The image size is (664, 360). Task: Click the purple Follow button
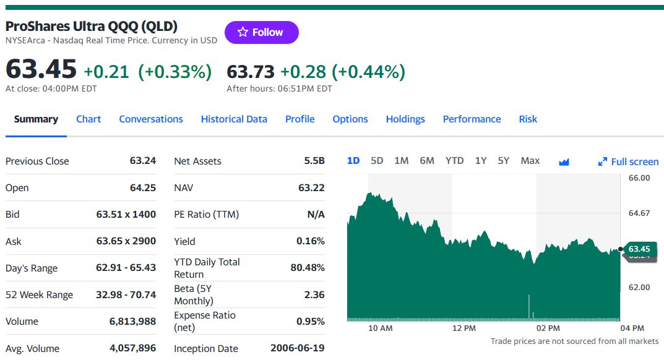click(x=261, y=32)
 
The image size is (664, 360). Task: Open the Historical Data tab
click(x=234, y=119)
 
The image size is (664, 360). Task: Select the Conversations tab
click(x=151, y=119)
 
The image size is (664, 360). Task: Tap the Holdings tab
click(x=405, y=119)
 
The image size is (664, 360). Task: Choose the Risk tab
click(x=528, y=119)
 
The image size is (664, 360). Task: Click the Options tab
click(x=350, y=119)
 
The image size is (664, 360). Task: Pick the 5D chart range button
click(x=377, y=161)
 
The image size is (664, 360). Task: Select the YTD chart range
click(x=454, y=161)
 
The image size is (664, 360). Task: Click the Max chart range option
click(x=530, y=161)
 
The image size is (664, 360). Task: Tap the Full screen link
click(x=629, y=161)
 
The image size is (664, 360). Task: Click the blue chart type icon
click(x=564, y=162)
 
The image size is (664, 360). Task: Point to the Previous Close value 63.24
click(x=143, y=161)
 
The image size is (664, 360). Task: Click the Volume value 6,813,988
click(x=132, y=322)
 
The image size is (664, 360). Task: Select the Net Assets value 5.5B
click(x=314, y=161)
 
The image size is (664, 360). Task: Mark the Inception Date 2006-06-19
click(x=297, y=348)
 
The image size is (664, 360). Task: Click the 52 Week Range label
click(x=39, y=295)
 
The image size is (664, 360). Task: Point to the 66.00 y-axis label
click(x=639, y=178)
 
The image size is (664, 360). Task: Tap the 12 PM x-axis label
click(x=464, y=328)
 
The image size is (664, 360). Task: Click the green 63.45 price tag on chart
click(x=639, y=249)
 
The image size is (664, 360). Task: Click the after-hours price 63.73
click(x=251, y=72)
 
